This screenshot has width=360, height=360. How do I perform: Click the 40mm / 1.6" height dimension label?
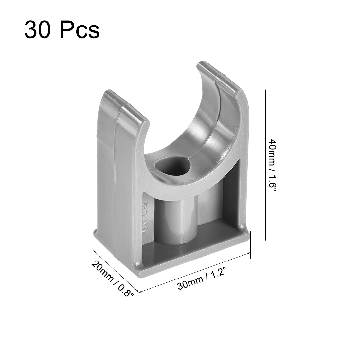[273, 170]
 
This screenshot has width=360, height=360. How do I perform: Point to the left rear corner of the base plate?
[95, 231]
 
